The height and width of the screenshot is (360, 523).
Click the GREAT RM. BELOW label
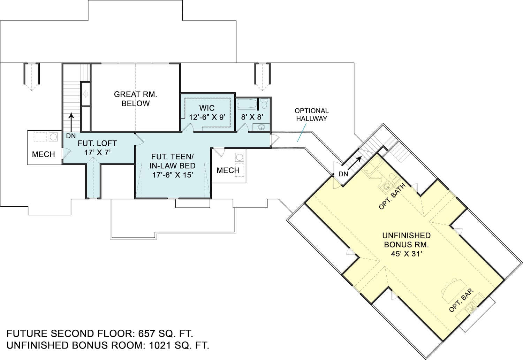[135, 99]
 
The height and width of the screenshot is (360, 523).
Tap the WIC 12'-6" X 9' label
[207, 113]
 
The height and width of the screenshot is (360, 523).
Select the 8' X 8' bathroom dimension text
[252, 117]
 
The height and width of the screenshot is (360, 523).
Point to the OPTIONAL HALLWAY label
[311, 115]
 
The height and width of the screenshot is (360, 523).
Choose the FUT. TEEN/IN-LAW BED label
[172, 166]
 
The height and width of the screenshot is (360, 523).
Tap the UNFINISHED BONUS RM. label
[406, 240]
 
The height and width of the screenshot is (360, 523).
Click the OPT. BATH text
[392, 197]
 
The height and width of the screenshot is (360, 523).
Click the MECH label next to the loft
[43, 154]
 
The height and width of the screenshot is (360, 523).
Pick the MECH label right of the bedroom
[228, 170]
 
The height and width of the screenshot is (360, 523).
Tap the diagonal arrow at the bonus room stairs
[356, 161]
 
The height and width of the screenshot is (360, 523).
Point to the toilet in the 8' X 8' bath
[264, 104]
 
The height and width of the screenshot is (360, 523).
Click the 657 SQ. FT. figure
[166, 334]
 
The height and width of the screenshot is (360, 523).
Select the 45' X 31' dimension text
[406, 254]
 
